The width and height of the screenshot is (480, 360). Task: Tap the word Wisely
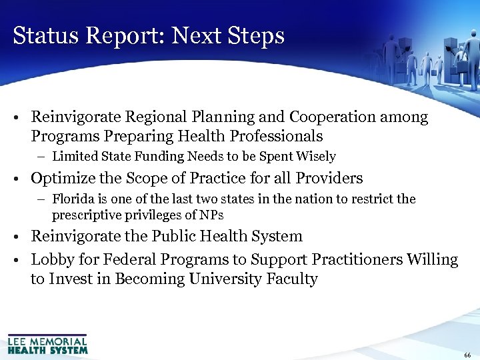point(318,157)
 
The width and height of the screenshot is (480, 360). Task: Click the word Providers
point(324,178)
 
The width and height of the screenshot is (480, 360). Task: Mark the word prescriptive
point(83,215)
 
